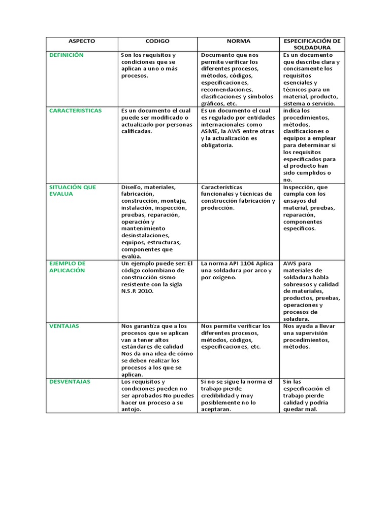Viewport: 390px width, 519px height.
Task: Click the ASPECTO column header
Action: click(x=82, y=41)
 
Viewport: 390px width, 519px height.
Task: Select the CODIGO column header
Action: click(x=157, y=41)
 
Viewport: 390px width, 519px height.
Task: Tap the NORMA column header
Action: click(x=238, y=41)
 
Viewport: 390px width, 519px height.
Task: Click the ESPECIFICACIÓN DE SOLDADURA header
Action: click(x=312, y=44)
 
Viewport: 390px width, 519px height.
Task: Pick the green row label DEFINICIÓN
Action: click(x=66, y=55)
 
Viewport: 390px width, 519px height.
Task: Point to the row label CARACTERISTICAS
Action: click(x=75, y=110)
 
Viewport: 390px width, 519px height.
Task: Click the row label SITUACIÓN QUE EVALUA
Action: click(x=72, y=190)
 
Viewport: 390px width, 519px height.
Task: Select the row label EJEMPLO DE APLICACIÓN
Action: click(x=68, y=267)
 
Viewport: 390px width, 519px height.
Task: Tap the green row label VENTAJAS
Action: click(x=64, y=326)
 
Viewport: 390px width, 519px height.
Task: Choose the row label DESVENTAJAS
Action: click(x=70, y=381)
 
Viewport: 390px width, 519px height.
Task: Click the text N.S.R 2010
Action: click(x=137, y=291)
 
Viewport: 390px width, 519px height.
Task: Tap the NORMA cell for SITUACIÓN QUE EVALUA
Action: click(x=238, y=197)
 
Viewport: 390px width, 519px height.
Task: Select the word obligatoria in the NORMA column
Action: click(x=217, y=145)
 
